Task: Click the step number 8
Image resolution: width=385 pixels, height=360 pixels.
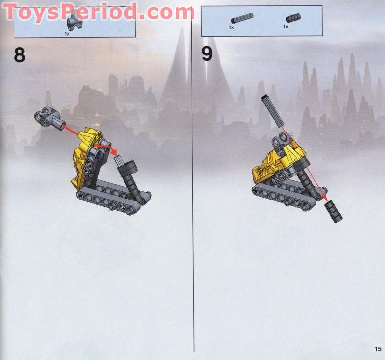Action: [x=19, y=54]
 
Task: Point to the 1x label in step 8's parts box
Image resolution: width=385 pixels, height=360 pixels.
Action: [x=67, y=34]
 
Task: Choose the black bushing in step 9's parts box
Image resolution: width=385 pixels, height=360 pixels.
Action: [x=292, y=19]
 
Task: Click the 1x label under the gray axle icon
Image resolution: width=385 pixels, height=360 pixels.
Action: [x=232, y=27]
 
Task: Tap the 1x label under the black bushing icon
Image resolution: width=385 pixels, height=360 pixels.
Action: [x=286, y=27]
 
